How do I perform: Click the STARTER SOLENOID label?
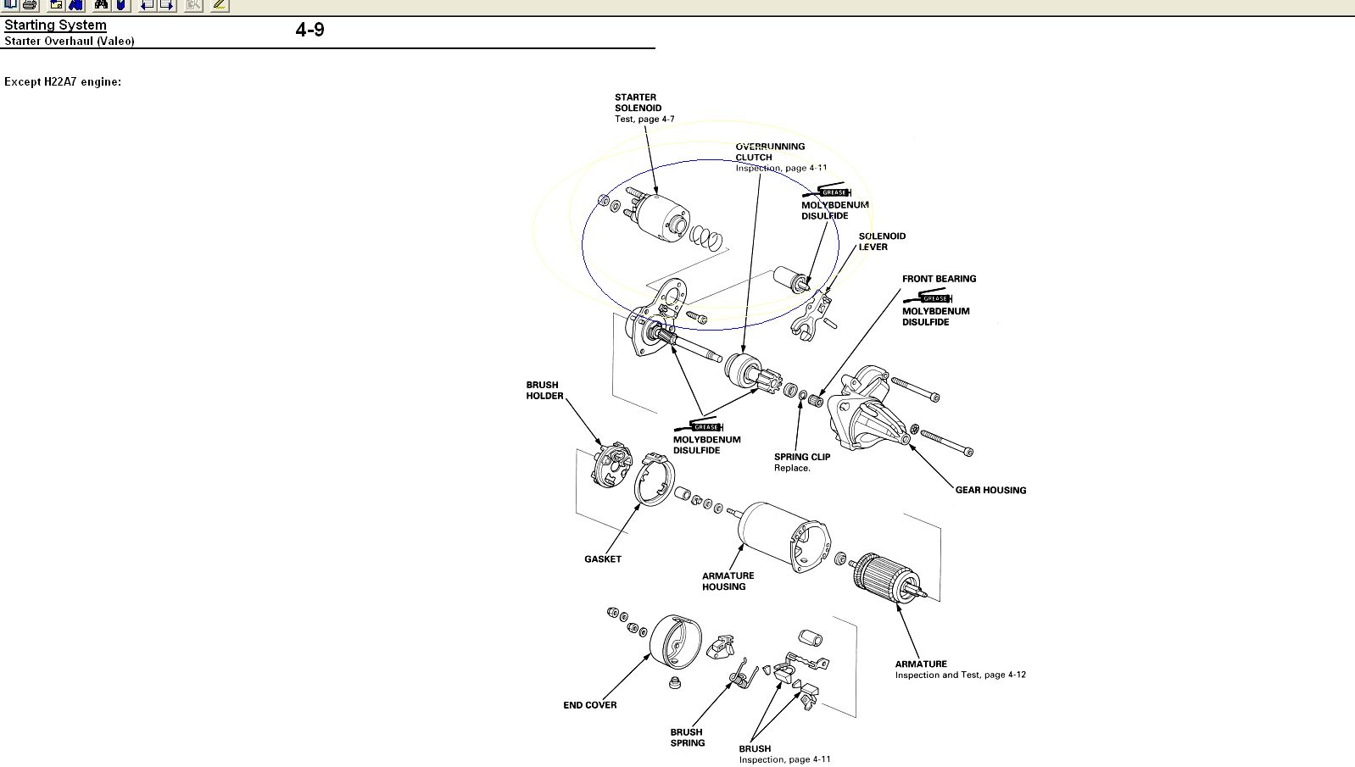pos(638,103)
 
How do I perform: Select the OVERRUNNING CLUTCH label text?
pos(769,152)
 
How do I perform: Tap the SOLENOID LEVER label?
pos(882,242)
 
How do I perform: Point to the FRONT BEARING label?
pos(939,279)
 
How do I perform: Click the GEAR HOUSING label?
pos(990,490)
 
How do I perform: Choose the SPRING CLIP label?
pos(802,457)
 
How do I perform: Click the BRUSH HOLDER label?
pos(544,390)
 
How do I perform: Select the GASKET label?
pos(603,559)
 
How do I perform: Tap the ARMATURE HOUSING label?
pos(728,581)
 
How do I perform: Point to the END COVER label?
pos(590,705)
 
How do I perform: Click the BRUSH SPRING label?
pos(687,737)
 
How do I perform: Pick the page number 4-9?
pos(309,31)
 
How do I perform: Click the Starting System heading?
pos(56,25)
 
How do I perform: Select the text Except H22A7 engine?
pos(63,82)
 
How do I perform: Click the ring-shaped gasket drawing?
pos(654,479)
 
